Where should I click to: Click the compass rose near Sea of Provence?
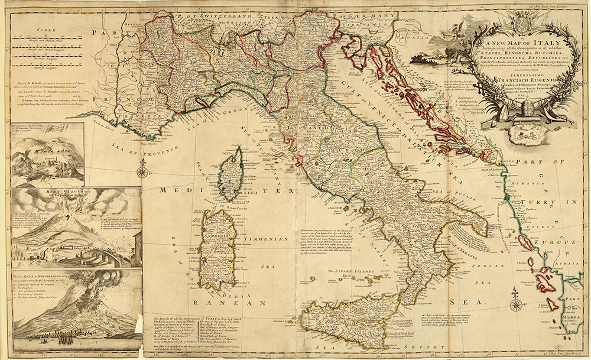click(x=142, y=173)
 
